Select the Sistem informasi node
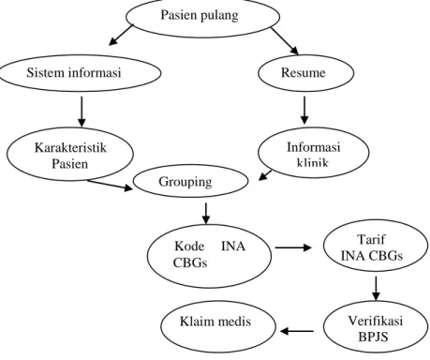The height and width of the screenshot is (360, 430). pos(81,73)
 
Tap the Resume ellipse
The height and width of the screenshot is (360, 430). pos(305,73)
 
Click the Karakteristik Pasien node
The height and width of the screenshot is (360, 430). pos(70,154)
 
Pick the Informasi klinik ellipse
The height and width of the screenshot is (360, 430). pos(314,152)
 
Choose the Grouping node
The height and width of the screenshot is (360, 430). pos(190,181)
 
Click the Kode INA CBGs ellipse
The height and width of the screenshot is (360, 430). pos(209,256)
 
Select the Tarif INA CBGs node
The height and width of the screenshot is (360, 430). pos(376,246)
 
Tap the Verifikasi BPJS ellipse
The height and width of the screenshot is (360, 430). pos(376,326)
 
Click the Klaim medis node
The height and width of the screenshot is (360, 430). pos(218,326)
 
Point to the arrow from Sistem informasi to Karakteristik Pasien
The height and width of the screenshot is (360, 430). pos(82,112)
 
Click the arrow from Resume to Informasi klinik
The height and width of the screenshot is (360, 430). pos(304,110)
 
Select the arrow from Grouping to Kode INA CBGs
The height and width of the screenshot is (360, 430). pos(206,214)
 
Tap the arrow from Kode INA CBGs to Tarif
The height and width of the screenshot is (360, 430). pos(293,247)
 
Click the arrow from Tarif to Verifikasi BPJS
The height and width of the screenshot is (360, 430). pos(376,289)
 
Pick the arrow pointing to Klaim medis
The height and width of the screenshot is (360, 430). pos(297,331)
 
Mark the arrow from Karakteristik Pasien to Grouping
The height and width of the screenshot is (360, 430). pos(111,185)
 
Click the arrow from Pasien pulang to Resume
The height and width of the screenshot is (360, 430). pos(285,41)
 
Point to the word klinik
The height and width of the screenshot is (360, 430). pos(313,162)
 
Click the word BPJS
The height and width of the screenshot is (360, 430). pos(373,337)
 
